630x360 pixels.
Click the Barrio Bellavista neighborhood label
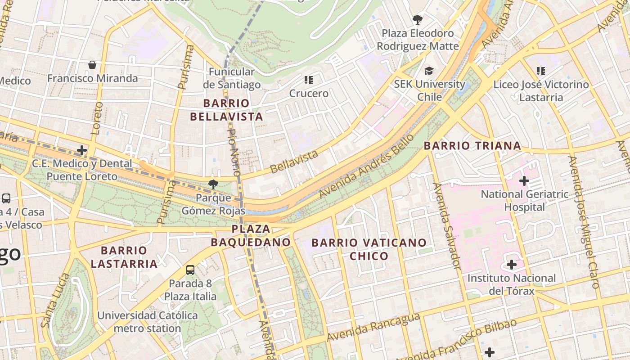coord(226,110)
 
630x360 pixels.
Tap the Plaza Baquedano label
coord(251,235)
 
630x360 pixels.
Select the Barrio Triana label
coord(472,146)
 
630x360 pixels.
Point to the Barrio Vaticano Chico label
coord(369,249)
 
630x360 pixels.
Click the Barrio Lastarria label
coord(124,257)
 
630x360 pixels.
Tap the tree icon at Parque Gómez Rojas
coord(213,184)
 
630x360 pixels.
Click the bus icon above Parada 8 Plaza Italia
coord(190,270)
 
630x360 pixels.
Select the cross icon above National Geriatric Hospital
coord(524,181)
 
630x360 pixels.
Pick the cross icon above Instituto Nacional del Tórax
coord(511,265)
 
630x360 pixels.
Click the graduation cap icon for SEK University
coord(429,71)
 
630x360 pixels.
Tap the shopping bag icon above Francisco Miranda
coord(92,65)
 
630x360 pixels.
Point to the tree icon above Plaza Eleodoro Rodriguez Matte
coord(418,20)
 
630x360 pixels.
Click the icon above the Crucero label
coord(308,80)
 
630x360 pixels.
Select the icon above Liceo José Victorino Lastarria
coord(541,71)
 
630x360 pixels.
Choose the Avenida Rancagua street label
coord(373,327)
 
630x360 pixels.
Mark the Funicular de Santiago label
coord(232,78)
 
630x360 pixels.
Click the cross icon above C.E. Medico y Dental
coord(82,150)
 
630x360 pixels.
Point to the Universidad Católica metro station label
coord(147,322)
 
